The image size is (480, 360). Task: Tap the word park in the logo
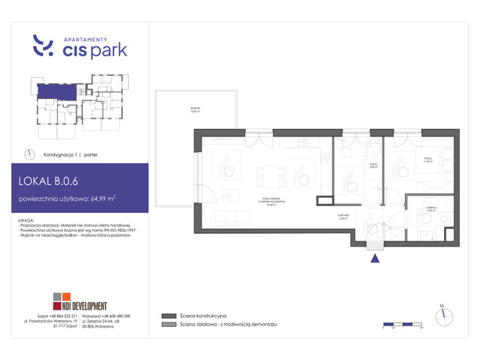point(108,50)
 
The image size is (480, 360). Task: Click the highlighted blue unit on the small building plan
point(57,91)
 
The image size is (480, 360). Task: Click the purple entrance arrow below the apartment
point(374,259)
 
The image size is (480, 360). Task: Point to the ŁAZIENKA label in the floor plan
point(430,210)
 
